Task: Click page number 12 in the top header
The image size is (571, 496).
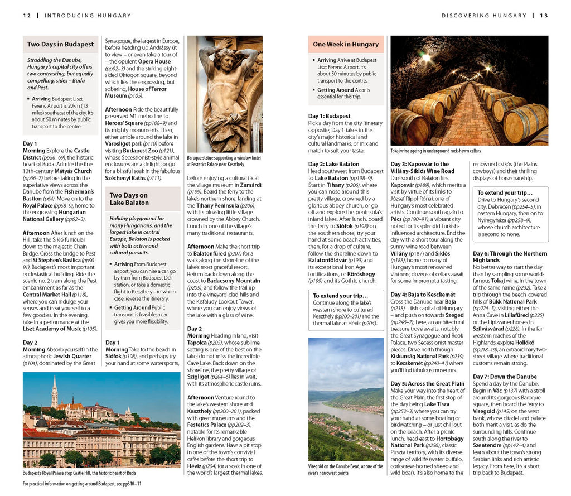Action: pyautogui.click(x=26, y=16)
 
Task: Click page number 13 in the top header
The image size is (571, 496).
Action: pyautogui.click(x=544, y=16)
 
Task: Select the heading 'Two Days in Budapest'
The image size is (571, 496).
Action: pyautogui.click(x=60, y=44)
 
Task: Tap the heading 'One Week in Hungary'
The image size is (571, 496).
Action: pyautogui.click(x=346, y=44)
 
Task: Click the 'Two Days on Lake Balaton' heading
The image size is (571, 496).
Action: pyautogui.click(x=129, y=199)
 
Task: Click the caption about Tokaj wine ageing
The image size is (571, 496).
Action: pyautogui.click(x=435, y=151)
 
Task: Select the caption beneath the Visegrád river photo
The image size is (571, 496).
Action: pyautogui.click(x=346, y=469)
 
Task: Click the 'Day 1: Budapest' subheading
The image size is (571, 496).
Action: pyautogui.click(x=330, y=116)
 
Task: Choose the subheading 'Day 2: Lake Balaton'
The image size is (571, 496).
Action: pyautogui.click(x=334, y=164)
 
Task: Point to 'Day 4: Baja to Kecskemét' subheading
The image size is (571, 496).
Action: pyautogui.click(x=423, y=294)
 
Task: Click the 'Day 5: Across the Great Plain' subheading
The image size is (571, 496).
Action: pyautogui.click(x=427, y=384)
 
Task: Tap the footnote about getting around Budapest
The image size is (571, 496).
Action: pyautogui.click(x=82, y=484)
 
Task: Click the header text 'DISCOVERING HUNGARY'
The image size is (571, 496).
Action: pyautogui.click(x=483, y=16)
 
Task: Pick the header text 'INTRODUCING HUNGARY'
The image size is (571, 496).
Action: pyautogui.click(x=88, y=16)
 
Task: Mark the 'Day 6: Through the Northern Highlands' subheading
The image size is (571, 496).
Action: pyautogui.click(x=510, y=257)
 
